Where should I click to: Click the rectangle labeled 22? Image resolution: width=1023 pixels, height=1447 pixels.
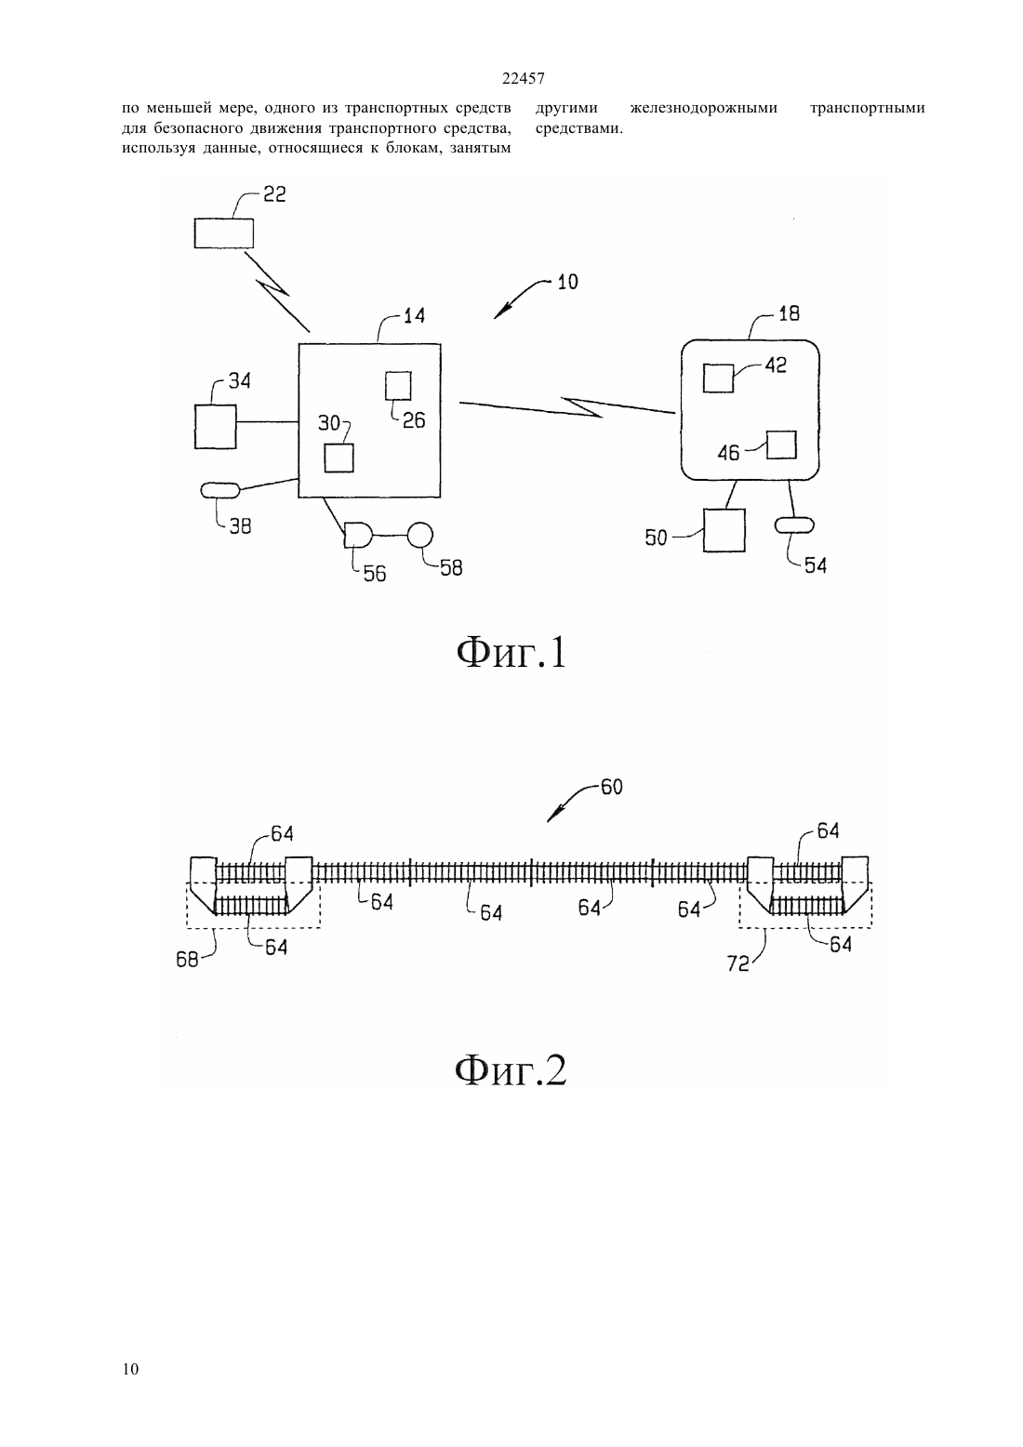[223, 233]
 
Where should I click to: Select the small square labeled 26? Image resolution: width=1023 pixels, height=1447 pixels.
[398, 386]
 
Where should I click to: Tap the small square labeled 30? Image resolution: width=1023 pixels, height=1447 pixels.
[339, 458]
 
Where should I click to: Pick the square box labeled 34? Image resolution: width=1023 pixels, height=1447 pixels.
[215, 426]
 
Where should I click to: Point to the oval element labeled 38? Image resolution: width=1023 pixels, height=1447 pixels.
[220, 491]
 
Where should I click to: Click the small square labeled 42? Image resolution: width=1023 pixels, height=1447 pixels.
[718, 378]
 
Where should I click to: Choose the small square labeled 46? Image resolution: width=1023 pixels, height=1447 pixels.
[781, 445]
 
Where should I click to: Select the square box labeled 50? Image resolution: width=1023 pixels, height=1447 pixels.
[724, 530]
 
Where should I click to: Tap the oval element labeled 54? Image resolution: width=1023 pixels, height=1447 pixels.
[794, 525]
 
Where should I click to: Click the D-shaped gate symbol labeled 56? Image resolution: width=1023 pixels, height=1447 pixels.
[358, 536]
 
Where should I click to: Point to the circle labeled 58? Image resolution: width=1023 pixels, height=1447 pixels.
[419, 535]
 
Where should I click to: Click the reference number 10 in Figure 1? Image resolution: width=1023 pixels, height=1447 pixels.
[567, 282]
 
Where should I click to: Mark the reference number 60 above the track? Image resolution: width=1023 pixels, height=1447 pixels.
[611, 787]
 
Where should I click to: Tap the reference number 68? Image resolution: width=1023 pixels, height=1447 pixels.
[187, 960]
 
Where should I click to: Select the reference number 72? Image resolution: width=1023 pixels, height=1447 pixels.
[738, 963]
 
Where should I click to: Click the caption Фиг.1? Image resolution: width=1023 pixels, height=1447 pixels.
[511, 653]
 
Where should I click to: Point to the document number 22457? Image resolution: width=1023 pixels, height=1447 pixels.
[523, 79]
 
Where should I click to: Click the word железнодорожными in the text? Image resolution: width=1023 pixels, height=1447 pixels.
[704, 108]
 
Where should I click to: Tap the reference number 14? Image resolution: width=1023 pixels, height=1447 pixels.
[415, 316]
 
